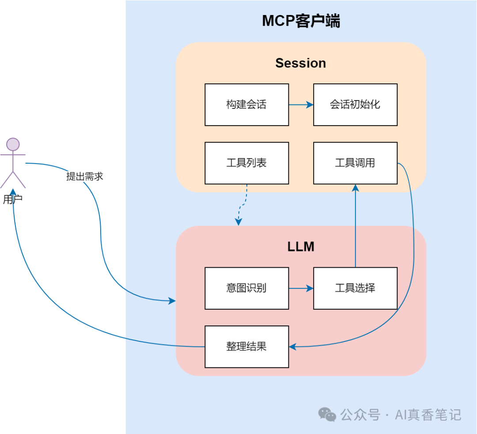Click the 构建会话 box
coord(246,105)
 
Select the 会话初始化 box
coord(355,105)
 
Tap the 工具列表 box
coord(246,163)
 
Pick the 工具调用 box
coord(355,163)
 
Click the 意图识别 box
coord(246,288)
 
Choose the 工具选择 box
coord(355,288)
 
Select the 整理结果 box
coord(246,347)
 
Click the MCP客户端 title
coord(301,21)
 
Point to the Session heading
coord(301,63)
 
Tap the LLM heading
coord(301,247)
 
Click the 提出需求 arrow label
coord(84,176)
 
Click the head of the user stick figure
coord(13,145)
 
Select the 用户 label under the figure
coord(12,199)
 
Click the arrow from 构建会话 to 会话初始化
coord(301,105)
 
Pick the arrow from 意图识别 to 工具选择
coord(301,288)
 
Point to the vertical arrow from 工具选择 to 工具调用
coord(355,225)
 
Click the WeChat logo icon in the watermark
coord(327,415)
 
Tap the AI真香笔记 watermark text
coord(428,415)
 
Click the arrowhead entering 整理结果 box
coord(292,347)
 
